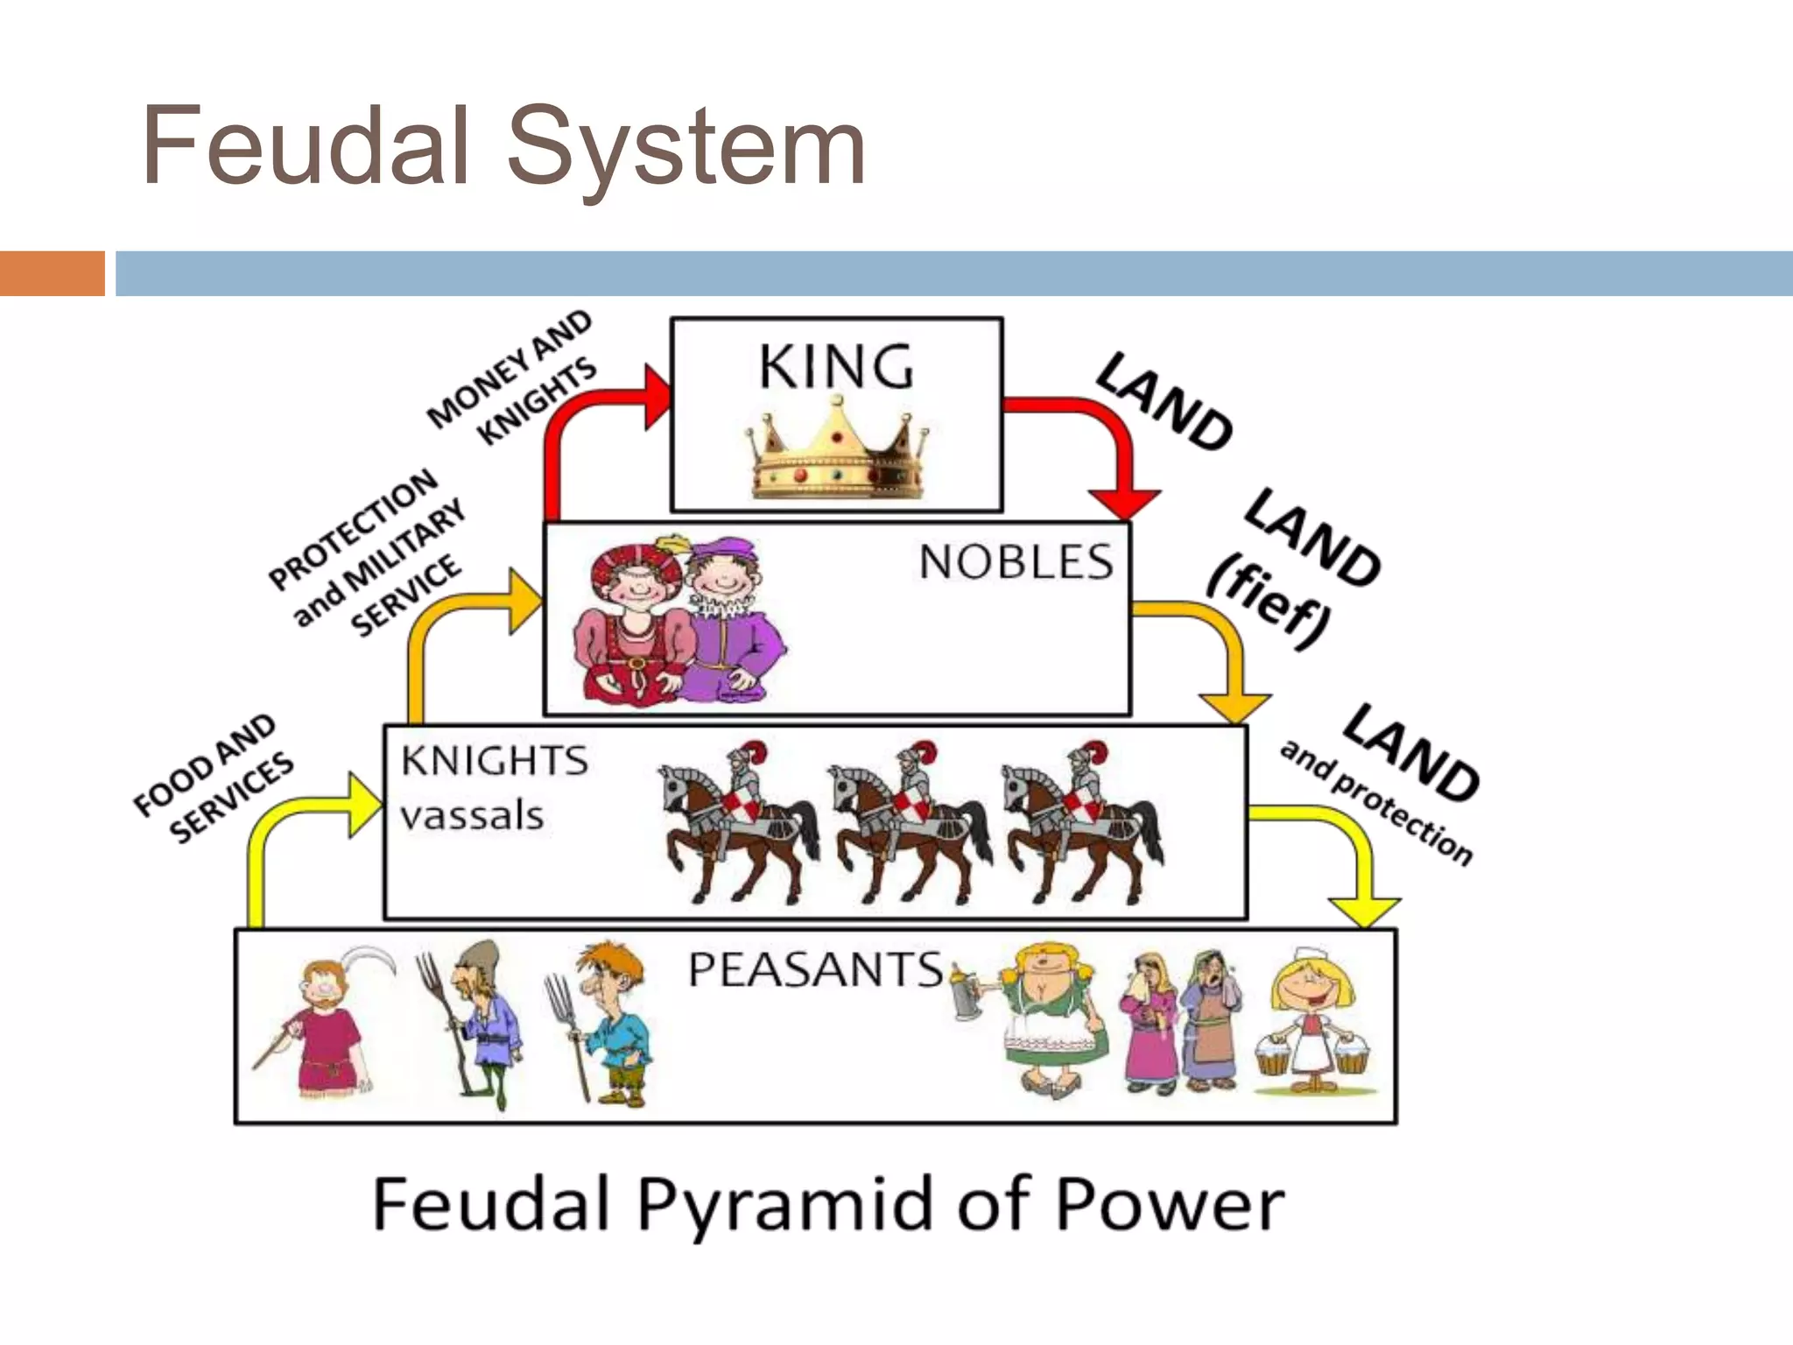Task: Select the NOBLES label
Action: [1016, 562]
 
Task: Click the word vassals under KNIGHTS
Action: [472, 816]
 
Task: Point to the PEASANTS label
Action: [815, 970]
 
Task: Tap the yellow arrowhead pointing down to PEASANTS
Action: [1363, 912]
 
